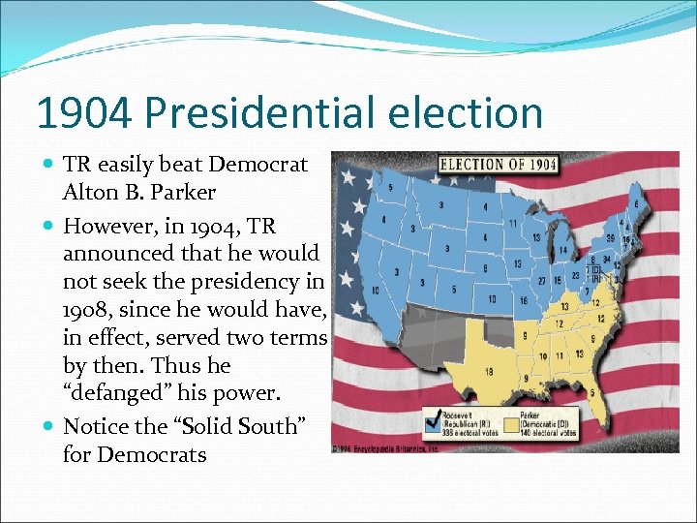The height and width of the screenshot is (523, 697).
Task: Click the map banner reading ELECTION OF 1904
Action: click(498, 165)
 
